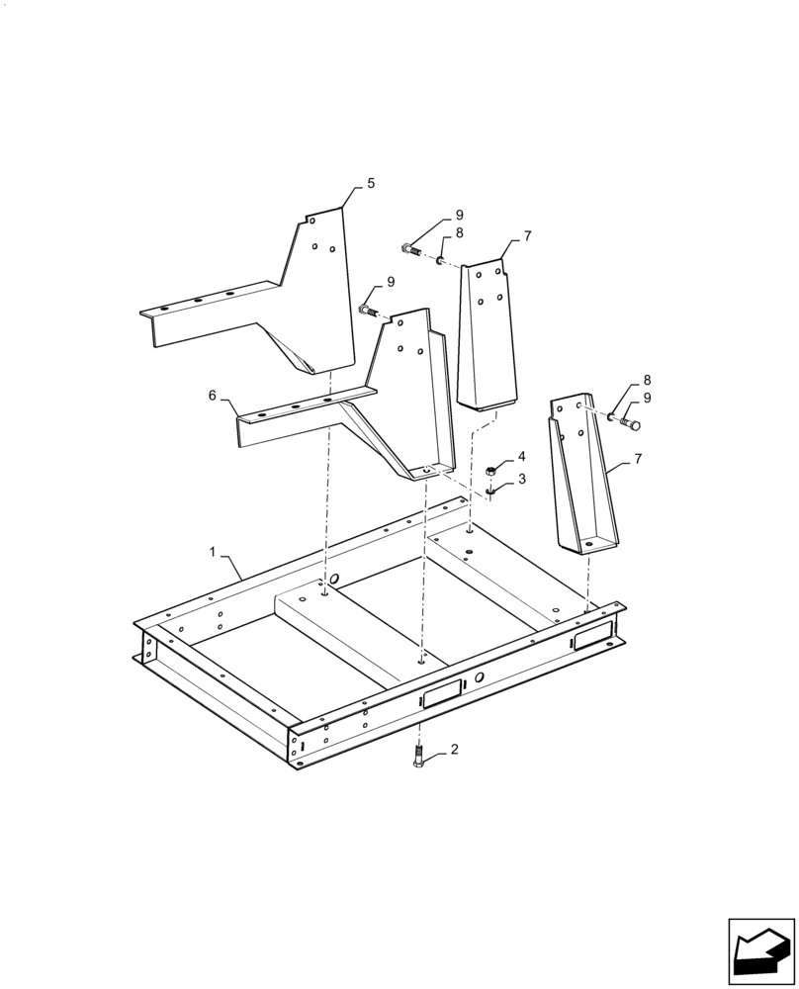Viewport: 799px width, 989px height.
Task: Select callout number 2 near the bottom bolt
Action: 454,751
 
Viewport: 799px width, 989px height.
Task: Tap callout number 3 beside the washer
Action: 522,479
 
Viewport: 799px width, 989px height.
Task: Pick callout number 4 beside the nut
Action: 522,457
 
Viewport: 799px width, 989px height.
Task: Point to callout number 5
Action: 371,183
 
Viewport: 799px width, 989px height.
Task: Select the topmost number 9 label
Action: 459,215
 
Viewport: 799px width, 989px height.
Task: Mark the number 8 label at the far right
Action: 647,380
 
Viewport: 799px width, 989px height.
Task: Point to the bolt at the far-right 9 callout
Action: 630,425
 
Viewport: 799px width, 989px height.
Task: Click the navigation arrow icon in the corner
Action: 760,952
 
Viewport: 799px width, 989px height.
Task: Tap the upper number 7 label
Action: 528,236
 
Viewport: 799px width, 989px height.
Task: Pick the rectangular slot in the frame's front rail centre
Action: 441,693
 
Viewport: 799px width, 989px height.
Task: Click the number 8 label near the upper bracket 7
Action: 459,234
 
